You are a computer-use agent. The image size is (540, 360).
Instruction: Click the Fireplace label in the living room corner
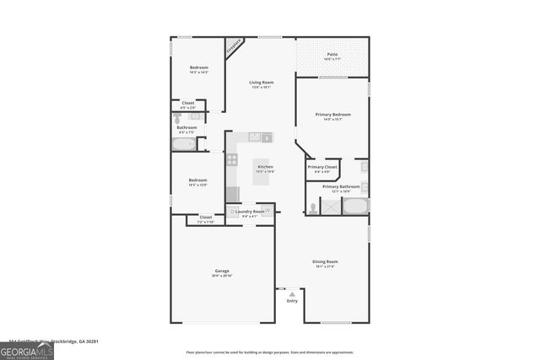pos(234,46)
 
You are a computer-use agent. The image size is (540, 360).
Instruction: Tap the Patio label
pos(332,57)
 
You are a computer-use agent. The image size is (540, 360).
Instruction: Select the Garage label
pos(222,271)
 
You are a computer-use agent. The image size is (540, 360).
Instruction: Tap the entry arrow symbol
pos(292,293)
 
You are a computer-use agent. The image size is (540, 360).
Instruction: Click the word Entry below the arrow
pos(292,301)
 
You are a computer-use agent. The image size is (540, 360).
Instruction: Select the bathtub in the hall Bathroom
pos(185,144)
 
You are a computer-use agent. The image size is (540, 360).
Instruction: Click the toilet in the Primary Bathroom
pos(313,206)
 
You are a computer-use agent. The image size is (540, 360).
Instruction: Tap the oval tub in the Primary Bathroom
pos(355,206)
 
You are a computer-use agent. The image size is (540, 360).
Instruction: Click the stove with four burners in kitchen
pos(232,159)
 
